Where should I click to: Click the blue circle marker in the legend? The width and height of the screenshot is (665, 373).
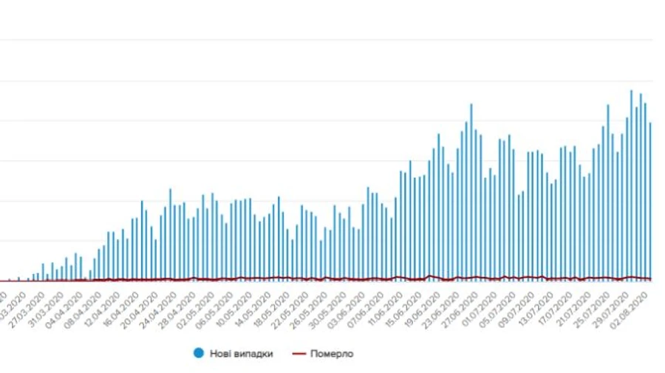pos(198,354)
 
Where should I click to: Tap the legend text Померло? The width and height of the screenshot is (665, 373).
pos(331,354)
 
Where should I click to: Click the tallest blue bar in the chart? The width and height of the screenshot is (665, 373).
pos(631,185)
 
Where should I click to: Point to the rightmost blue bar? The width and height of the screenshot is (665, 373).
pos(650,199)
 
